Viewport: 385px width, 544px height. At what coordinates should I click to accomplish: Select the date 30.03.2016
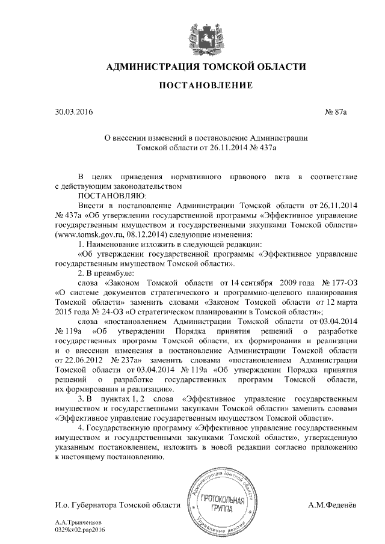(x=74, y=112)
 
